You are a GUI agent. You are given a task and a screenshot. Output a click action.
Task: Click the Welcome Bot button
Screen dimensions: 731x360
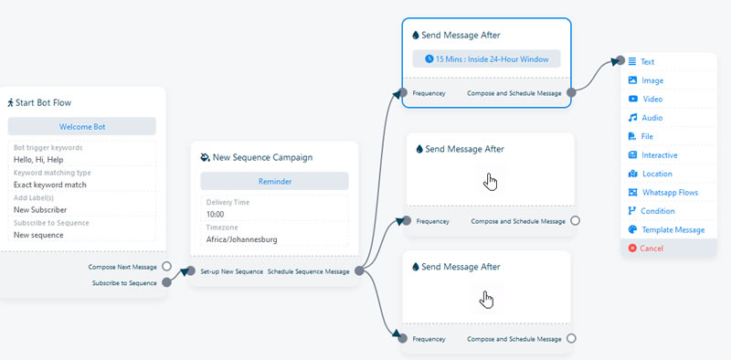(x=82, y=126)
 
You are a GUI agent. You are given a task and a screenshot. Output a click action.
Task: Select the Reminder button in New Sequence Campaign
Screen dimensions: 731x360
(x=275, y=181)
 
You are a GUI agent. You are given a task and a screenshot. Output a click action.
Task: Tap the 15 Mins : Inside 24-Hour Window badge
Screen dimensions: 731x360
(x=486, y=58)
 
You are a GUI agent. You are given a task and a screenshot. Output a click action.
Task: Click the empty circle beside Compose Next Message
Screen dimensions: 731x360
(x=166, y=266)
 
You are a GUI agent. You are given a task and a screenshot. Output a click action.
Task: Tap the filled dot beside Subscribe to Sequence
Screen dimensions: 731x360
(x=166, y=282)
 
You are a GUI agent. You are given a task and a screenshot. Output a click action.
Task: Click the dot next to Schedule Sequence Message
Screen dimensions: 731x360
(x=359, y=271)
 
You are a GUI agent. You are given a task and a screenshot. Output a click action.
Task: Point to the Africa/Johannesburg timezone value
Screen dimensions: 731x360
(x=241, y=239)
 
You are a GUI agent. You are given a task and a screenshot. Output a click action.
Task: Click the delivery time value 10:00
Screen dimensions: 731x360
(x=215, y=215)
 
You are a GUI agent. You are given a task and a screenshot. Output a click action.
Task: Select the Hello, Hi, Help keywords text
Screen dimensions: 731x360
(x=38, y=160)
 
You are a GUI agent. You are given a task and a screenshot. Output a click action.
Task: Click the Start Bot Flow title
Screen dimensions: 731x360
(x=39, y=102)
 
